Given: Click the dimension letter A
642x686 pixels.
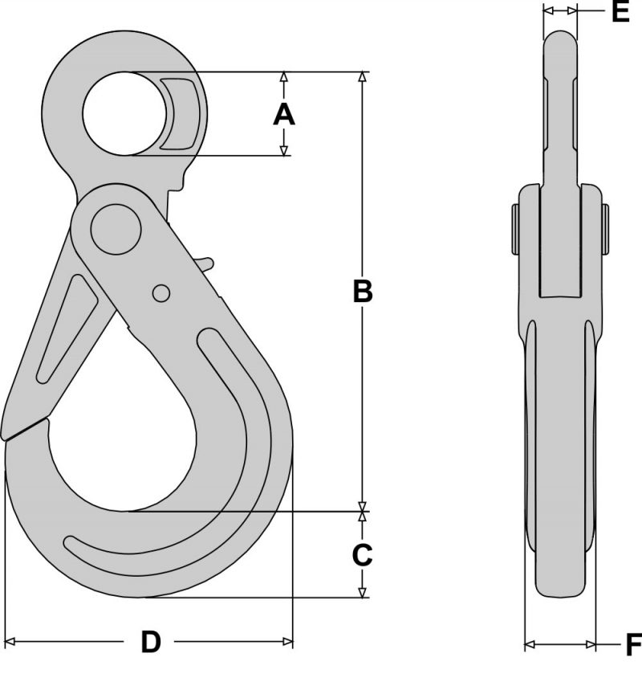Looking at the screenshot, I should tap(284, 115).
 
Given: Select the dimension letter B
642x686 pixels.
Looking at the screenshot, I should tap(363, 292).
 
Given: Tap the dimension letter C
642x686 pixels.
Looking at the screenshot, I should tap(363, 553).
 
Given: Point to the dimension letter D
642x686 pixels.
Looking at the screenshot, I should tap(151, 642).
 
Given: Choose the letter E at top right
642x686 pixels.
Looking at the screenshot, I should tap(620, 11).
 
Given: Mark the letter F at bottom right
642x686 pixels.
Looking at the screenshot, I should tap(632, 644).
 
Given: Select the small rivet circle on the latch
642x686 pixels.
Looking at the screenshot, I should tap(160, 293).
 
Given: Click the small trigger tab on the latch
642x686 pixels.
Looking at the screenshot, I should tap(205, 263).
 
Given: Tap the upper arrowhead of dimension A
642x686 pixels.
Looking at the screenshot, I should tap(283, 78).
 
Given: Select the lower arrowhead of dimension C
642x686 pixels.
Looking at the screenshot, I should tap(363, 592).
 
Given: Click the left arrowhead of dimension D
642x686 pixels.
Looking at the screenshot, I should tap(10, 642).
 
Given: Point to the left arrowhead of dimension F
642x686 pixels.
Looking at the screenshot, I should tap(529, 644).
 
